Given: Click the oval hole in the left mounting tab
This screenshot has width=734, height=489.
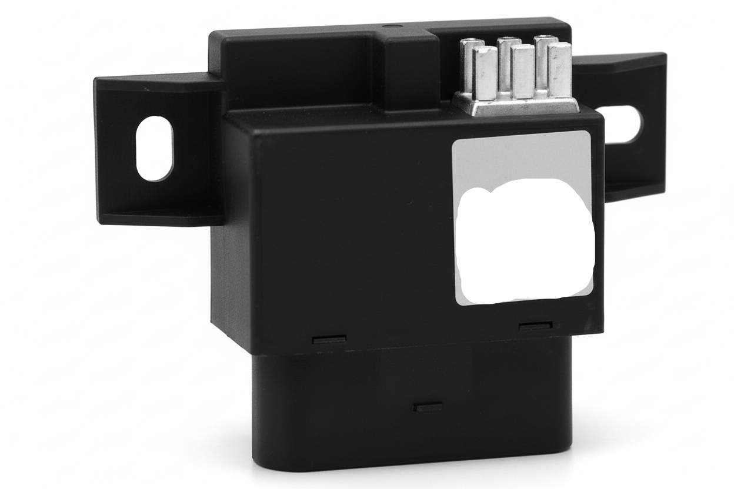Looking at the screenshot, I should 155,148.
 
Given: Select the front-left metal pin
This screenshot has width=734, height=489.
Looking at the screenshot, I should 485,73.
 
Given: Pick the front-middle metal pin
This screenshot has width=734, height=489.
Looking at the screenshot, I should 522,71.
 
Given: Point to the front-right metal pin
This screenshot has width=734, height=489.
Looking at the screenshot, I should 560,69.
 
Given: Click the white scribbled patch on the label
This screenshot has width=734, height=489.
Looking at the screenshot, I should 525,241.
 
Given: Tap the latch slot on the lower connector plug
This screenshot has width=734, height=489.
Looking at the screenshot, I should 428,407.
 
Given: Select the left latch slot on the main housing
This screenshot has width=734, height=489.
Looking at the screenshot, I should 329,339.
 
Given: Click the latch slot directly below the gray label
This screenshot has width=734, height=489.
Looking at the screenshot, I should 535,326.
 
